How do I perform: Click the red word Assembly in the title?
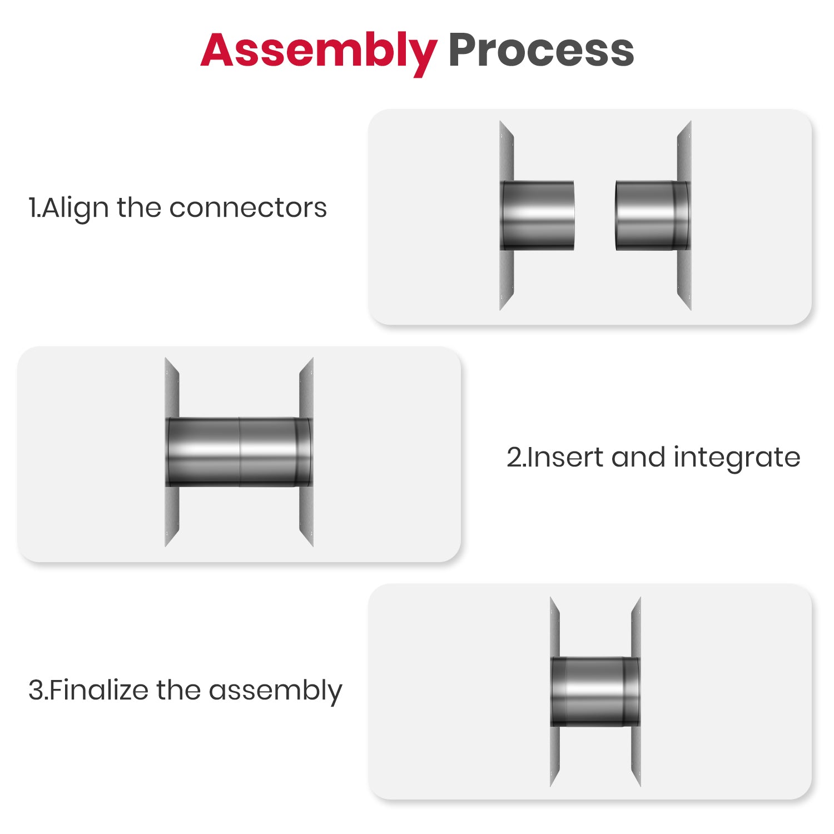click(x=319, y=52)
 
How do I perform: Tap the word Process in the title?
click(x=541, y=51)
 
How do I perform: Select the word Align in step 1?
click(x=75, y=209)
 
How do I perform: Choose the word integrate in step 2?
click(x=737, y=459)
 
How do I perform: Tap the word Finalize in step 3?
click(x=98, y=690)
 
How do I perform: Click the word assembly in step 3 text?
click(x=275, y=692)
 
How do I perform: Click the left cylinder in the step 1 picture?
click(x=538, y=215)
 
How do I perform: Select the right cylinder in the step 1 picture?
click(x=652, y=215)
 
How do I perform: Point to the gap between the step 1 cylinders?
click(x=595, y=215)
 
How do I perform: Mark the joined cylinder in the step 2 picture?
click(x=239, y=452)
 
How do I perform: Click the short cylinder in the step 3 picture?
click(x=595, y=692)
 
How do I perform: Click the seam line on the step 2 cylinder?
click(x=240, y=452)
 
